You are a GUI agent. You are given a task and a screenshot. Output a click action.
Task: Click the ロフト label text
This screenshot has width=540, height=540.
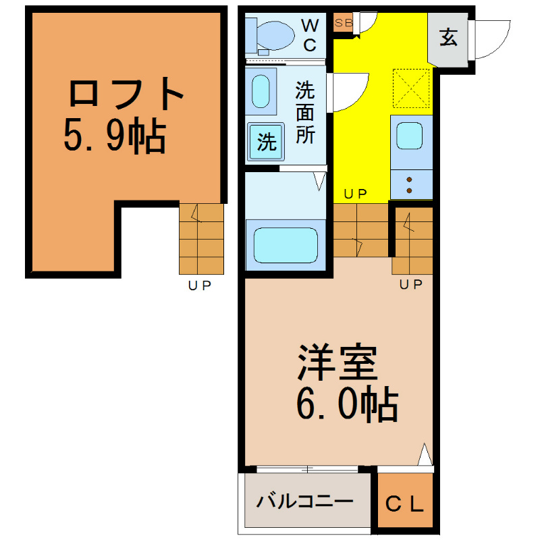click(x=126, y=93)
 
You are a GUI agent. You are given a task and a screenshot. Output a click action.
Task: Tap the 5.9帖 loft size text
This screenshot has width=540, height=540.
click(x=115, y=136)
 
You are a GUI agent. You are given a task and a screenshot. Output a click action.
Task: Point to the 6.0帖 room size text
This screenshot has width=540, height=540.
click(x=347, y=404)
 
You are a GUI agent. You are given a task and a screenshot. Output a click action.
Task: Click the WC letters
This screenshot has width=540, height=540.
click(x=310, y=35)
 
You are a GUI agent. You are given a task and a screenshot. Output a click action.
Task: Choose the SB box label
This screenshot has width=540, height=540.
click(x=344, y=23)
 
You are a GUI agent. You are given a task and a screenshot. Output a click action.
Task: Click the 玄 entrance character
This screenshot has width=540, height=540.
click(x=448, y=37)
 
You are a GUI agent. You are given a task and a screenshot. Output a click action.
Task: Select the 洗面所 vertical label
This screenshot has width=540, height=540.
click(x=305, y=113)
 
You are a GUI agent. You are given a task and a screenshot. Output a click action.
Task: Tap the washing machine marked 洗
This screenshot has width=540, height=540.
click(x=266, y=141)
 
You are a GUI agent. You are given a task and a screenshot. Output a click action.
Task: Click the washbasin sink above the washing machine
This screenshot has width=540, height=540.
click(x=261, y=91)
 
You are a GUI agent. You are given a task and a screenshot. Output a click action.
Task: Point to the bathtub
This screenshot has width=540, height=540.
click(x=286, y=245)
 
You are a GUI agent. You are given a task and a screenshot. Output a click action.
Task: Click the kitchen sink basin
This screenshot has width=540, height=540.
click(x=410, y=136)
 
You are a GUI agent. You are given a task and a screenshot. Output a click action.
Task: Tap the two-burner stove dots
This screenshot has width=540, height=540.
click(x=409, y=185)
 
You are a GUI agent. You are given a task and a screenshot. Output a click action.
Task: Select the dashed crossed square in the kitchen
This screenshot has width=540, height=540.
click(x=411, y=88)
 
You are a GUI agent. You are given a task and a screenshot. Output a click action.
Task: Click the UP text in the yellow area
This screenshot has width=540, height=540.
click(x=356, y=194)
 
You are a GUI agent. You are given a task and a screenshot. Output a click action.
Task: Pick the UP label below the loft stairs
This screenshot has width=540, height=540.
click(x=200, y=286)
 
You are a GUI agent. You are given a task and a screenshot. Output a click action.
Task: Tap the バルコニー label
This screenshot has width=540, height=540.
click(x=305, y=502)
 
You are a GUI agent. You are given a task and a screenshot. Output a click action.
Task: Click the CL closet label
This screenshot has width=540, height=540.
click(x=404, y=504)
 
